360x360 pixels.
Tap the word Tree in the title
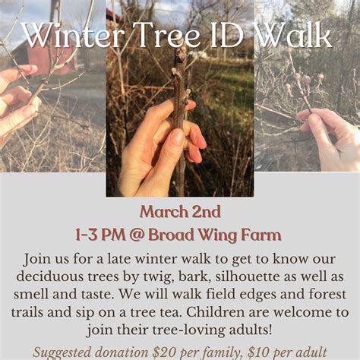pyautogui.click(x=161, y=34)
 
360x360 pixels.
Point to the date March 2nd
pyautogui.click(x=179, y=212)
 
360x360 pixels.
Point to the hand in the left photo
pyautogui.click(x=17, y=103)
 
